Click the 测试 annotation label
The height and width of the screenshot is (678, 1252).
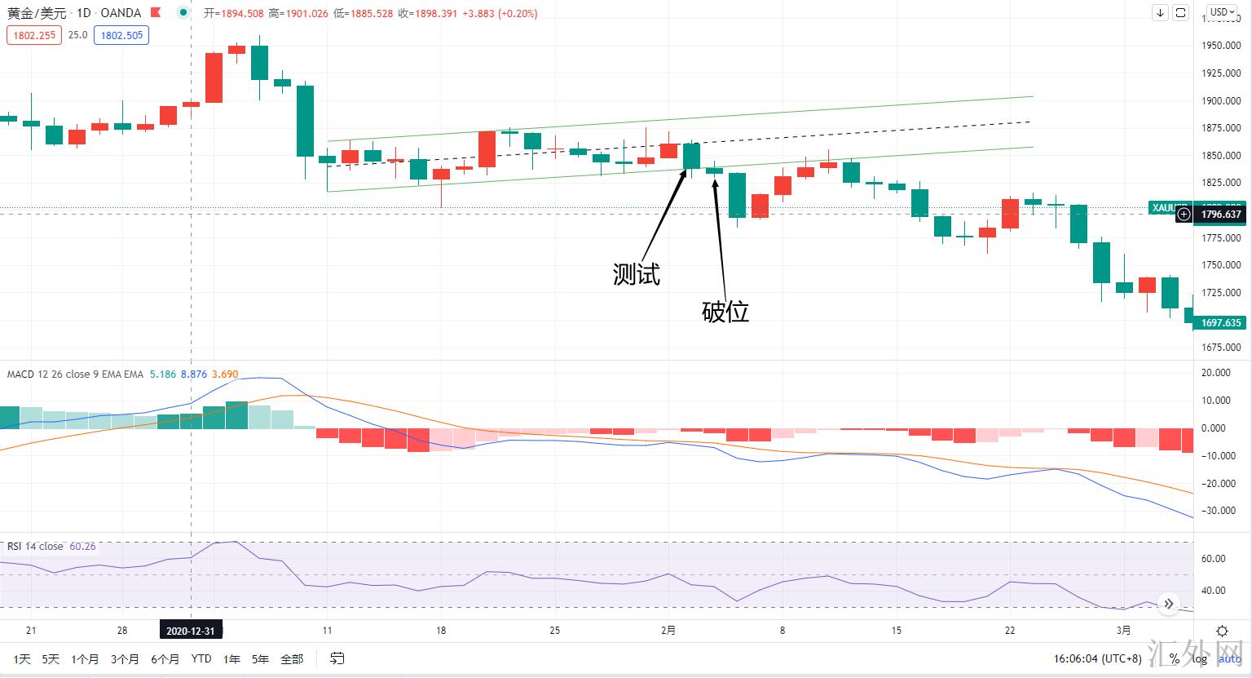pos(636,274)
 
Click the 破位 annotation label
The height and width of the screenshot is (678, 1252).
pos(725,312)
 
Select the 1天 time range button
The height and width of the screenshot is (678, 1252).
pos(22,658)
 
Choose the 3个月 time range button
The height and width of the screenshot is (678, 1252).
pos(125,658)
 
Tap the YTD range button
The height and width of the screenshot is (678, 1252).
pos(201,658)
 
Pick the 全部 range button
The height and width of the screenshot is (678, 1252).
pos(291,658)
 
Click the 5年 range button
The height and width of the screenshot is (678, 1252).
pos(260,658)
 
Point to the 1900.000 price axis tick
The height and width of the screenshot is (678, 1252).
pos(1221,101)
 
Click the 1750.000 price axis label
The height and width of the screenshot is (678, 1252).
pos(1221,265)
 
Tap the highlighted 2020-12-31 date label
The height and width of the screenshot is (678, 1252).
pos(191,631)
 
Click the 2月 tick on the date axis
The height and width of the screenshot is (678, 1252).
pos(668,630)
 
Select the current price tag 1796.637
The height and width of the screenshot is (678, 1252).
pos(1221,215)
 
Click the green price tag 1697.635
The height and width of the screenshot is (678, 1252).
pos(1221,323)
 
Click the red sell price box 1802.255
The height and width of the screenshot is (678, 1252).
pos(34,35)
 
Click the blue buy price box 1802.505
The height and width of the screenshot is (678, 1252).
pos(121,35)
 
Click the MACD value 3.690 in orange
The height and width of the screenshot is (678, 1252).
pos(225,374)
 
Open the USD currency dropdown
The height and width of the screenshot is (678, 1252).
pos(1222,12)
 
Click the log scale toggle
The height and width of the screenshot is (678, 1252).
pos(1199,658)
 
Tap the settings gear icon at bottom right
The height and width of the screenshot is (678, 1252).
pos(1222,631)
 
